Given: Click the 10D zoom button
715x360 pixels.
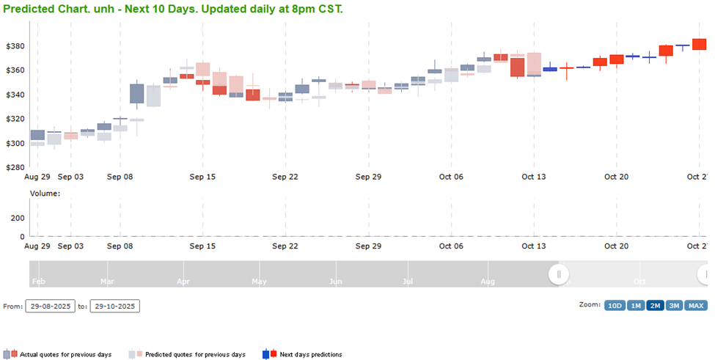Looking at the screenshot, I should click(x=615, y=306).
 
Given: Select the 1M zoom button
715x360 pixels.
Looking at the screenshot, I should click(x=636, y=306).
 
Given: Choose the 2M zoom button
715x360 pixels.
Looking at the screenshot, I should click(x=655, y=306).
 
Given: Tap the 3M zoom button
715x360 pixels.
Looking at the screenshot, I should click(x=674, y=306).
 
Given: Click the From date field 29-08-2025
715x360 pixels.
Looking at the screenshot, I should click(x=50, y=306).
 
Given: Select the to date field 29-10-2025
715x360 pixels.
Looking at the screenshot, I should click(x=114, y=306).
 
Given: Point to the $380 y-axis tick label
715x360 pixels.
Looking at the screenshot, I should click(x=15, y=46).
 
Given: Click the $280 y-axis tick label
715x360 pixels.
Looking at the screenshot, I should click(x=15, y=168).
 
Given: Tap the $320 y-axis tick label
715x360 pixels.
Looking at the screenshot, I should click(x=15, y=119).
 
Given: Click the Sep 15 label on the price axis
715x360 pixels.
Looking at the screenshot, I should click(x=202, y=177).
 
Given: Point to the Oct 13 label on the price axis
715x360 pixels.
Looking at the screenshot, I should click(x=534, y=177).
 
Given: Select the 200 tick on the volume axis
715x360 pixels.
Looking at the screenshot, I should click(x=18, y=218).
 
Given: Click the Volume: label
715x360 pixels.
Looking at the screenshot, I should click(x=45, y=194).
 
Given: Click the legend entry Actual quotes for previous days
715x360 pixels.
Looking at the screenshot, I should click(x=65, y=355).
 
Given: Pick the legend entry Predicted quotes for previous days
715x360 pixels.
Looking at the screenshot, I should click(x=195, y=355).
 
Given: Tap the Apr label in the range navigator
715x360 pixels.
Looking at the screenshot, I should click(x=183, y=281).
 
